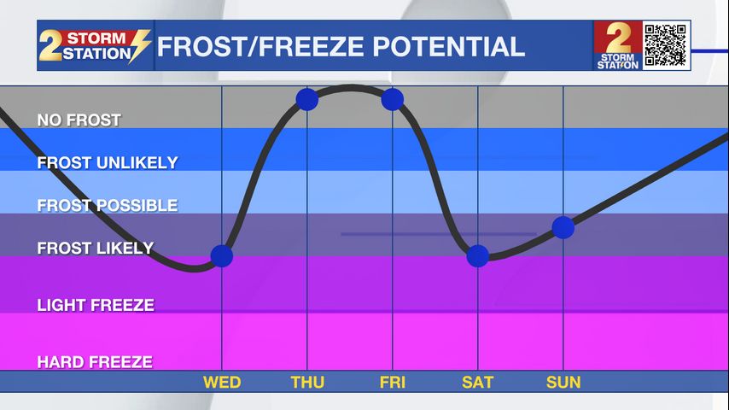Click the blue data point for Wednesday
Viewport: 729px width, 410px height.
222,256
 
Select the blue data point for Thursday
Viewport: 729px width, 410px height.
306,99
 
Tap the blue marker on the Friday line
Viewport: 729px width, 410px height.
393,99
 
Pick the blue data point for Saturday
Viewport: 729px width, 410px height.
477,256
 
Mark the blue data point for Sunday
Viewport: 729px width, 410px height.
563,227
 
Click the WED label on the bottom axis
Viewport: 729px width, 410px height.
222,383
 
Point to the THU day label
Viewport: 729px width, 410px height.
307,383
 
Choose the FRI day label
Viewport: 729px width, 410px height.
393,383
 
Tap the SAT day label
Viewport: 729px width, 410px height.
477,383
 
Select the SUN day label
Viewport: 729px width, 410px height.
563,383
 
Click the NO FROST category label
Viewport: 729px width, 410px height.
79,120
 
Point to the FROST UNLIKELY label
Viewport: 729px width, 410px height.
108,162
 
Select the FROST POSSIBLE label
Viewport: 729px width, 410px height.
108,205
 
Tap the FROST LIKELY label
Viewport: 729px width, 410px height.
96,248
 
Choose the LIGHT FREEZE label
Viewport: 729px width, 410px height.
96,305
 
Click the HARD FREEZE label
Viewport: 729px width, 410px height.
95,362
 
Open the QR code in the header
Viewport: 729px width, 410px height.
666,45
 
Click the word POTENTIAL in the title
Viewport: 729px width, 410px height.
449,46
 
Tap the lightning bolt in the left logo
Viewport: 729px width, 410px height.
139,45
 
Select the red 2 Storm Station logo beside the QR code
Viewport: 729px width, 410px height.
618,45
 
